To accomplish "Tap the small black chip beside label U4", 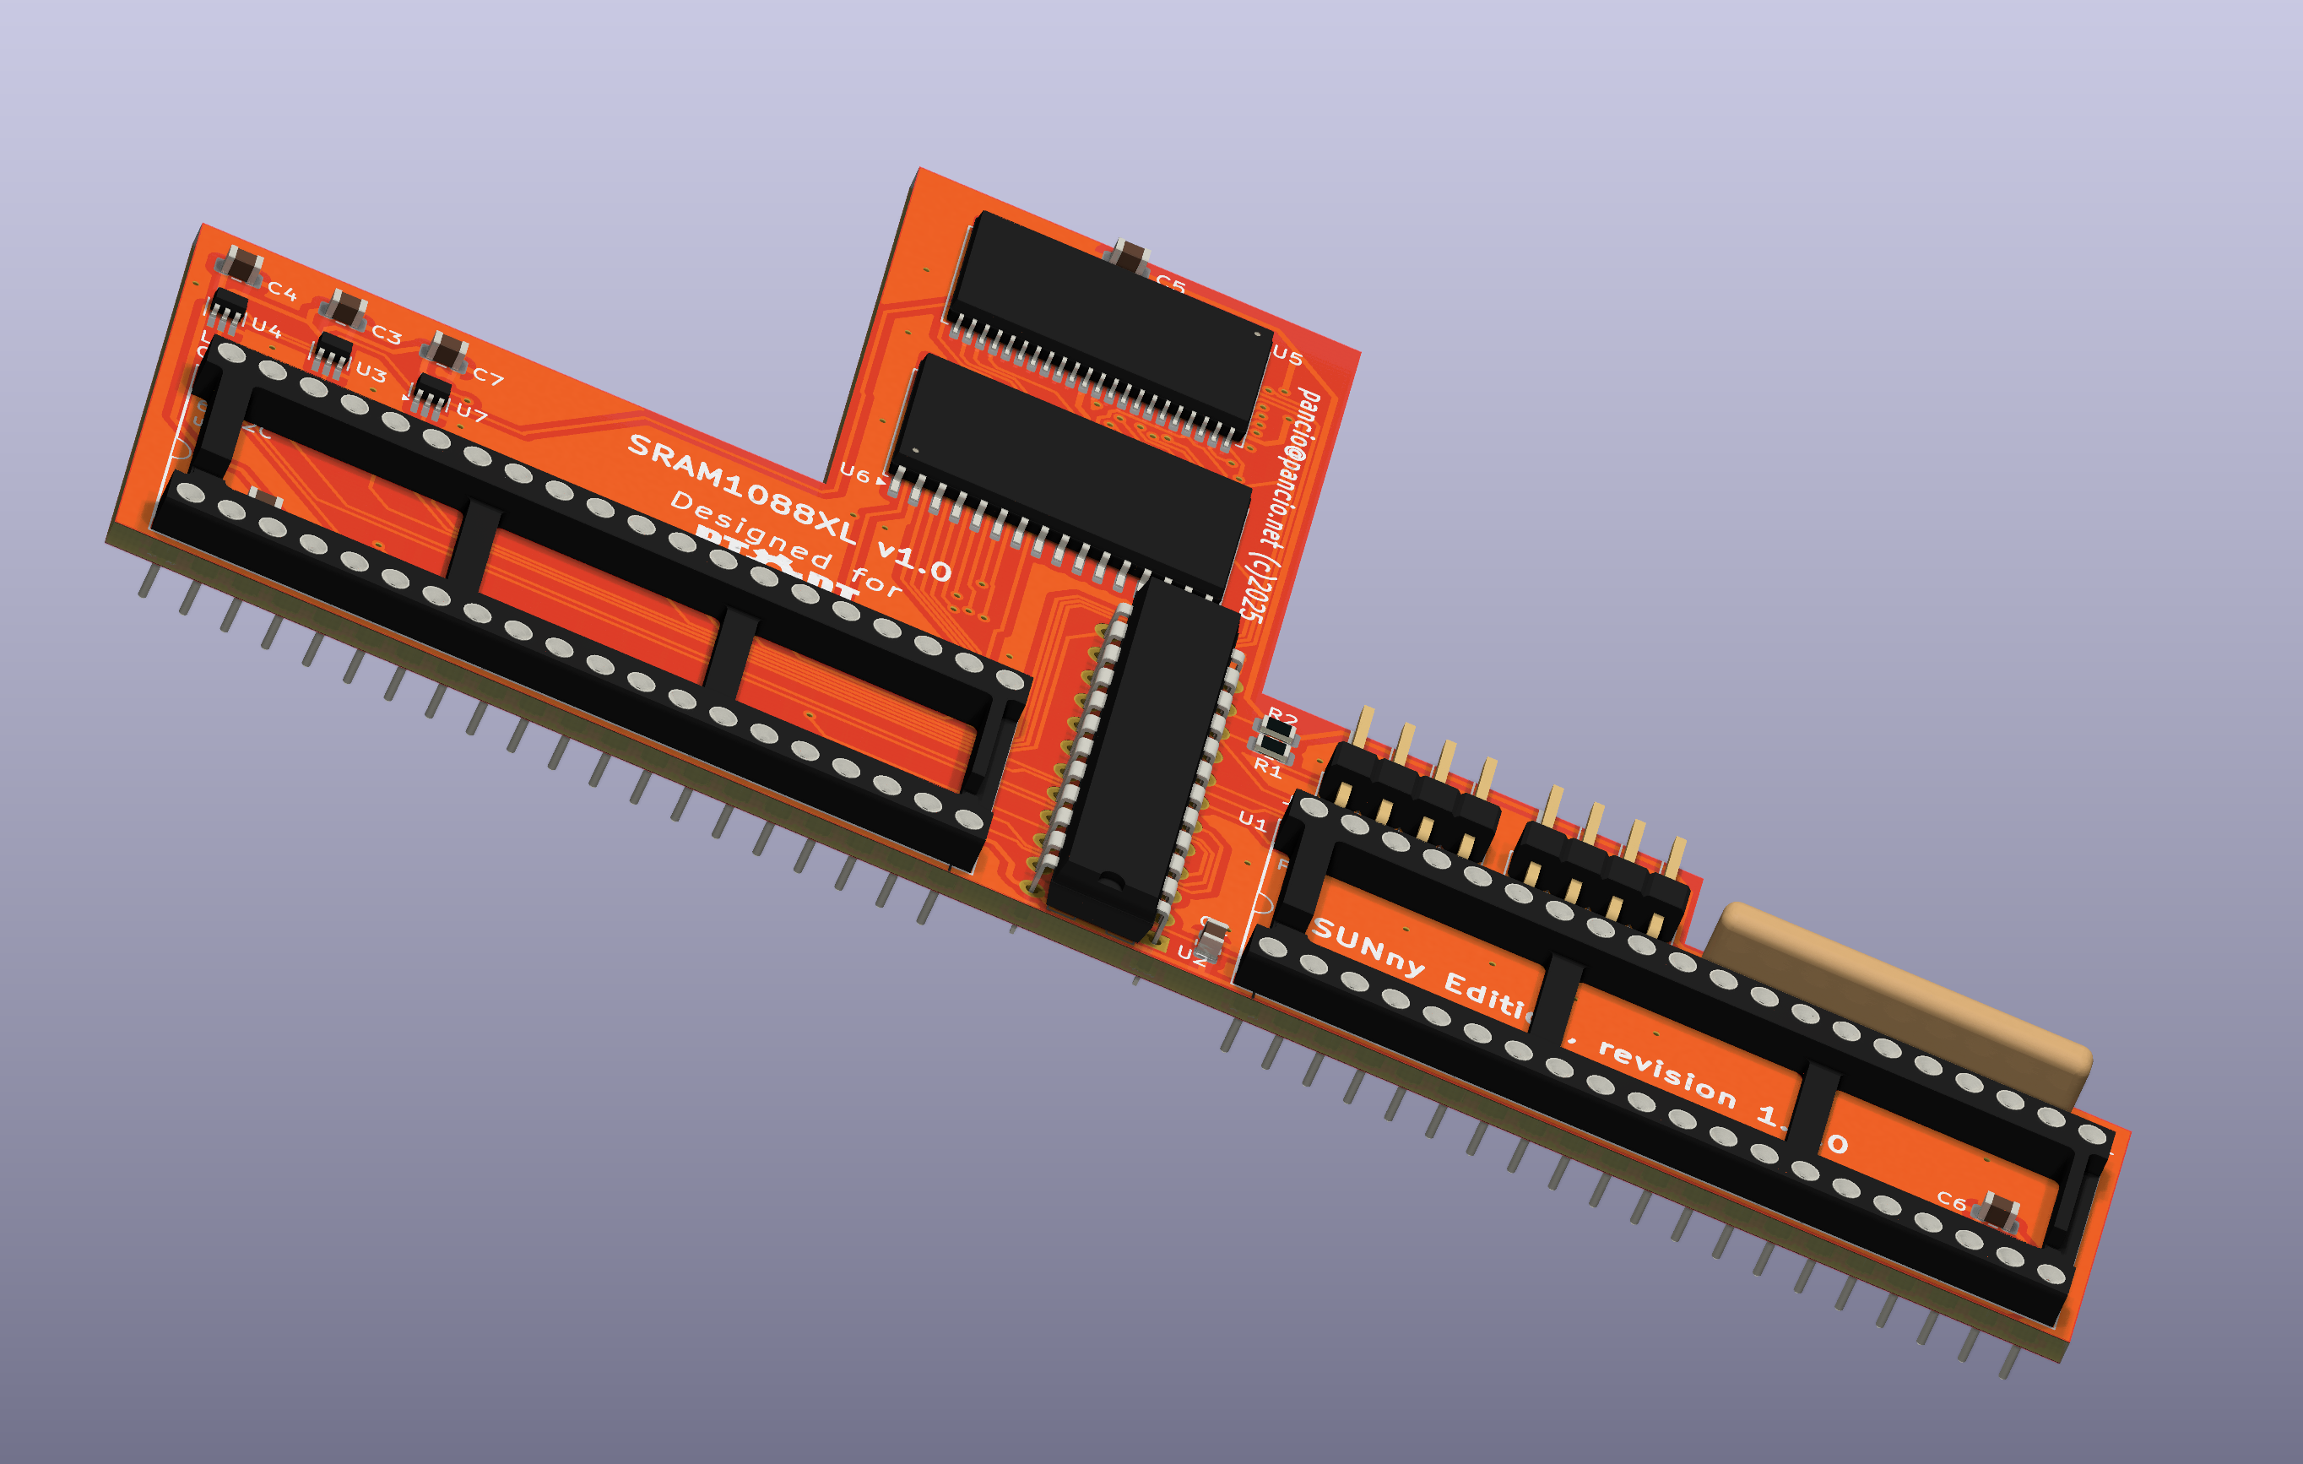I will point(229,307).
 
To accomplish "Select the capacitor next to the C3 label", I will point(344,310).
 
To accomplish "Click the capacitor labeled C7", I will point(446,351).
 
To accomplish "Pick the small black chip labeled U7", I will point(431,391).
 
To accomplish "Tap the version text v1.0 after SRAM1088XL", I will point(914,561).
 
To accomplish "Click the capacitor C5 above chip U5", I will point(1131,257).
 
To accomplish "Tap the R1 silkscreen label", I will point(1267,767).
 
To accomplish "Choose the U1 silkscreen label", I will point(1252,820).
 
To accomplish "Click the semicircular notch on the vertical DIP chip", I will point(1110,879).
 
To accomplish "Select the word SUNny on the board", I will point(1368,947).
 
